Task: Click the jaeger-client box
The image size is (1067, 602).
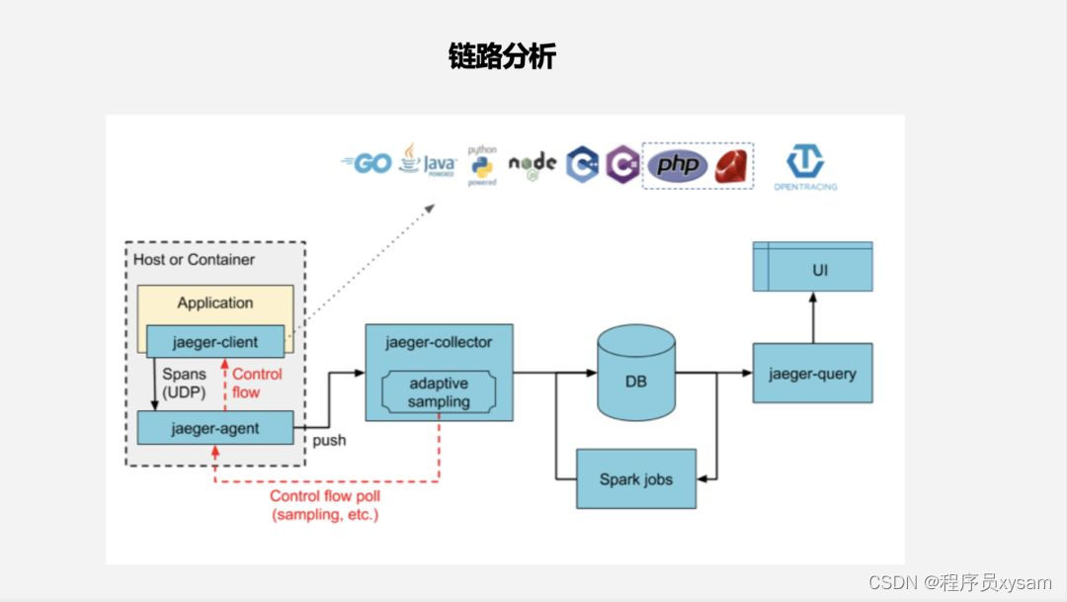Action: point(215,342)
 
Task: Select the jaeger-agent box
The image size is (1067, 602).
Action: point(215,428)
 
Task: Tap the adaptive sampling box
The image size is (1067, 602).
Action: point(439,392)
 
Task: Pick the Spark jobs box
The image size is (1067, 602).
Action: point(636,479)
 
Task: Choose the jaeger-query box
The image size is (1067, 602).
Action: point(812,374)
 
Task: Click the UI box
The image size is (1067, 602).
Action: point(812,268)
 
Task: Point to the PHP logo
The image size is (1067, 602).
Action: point(678,165)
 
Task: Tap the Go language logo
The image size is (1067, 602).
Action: point(367,163)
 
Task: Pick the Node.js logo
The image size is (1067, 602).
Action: point(533,165)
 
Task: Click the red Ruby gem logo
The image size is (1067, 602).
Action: point(732,166)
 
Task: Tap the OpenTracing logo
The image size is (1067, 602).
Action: point(804,166)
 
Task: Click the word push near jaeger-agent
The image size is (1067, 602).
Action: point(329,440)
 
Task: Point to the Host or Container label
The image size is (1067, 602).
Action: point(195,260)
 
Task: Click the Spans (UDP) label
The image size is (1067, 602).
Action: point(184,384)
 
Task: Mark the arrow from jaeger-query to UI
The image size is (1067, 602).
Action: point(812,318)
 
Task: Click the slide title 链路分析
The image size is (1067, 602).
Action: point(502,56)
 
